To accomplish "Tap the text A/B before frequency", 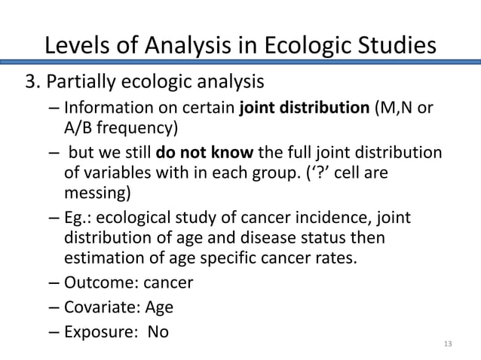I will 79,126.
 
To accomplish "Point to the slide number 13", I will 449,344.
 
